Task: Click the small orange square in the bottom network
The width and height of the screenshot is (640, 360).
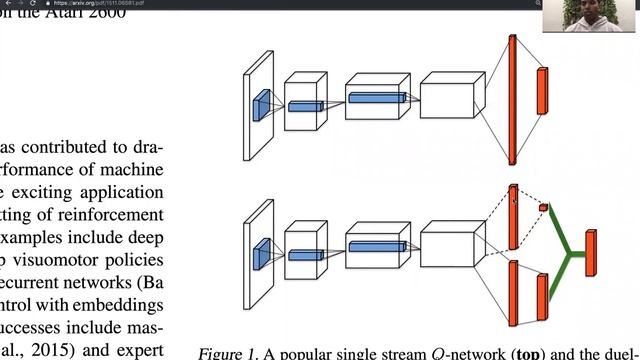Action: pyautogui.click(x=544, y=207)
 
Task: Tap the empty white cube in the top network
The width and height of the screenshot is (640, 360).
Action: pyautogui.click(x=452, y=100)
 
